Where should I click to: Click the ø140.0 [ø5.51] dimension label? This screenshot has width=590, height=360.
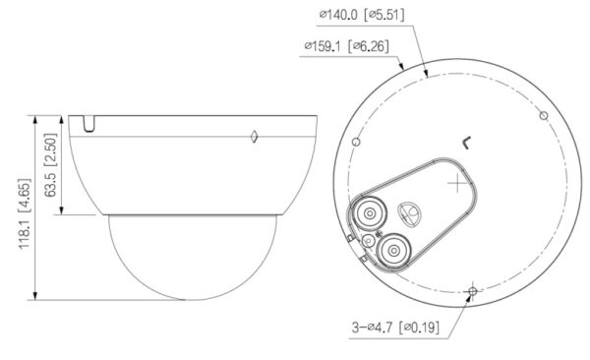[x=362, y=15]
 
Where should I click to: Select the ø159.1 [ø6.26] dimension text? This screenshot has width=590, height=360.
[x=346, y=46]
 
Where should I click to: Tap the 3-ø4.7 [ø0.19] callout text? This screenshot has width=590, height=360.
[x=395, y=327]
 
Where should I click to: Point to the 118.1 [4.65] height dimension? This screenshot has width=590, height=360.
[x=25, y=213]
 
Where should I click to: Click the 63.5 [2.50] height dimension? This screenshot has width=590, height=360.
[x=50, y=165]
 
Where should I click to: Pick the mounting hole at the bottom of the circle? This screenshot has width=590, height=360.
[x=473, y=291]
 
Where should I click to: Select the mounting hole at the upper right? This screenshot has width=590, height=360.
[x=544, y=116]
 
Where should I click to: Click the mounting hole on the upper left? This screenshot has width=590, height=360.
[x=356, y=142]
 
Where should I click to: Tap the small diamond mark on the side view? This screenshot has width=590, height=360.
[x=254, y=137]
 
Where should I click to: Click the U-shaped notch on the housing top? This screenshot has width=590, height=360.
[x=89, y=124]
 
